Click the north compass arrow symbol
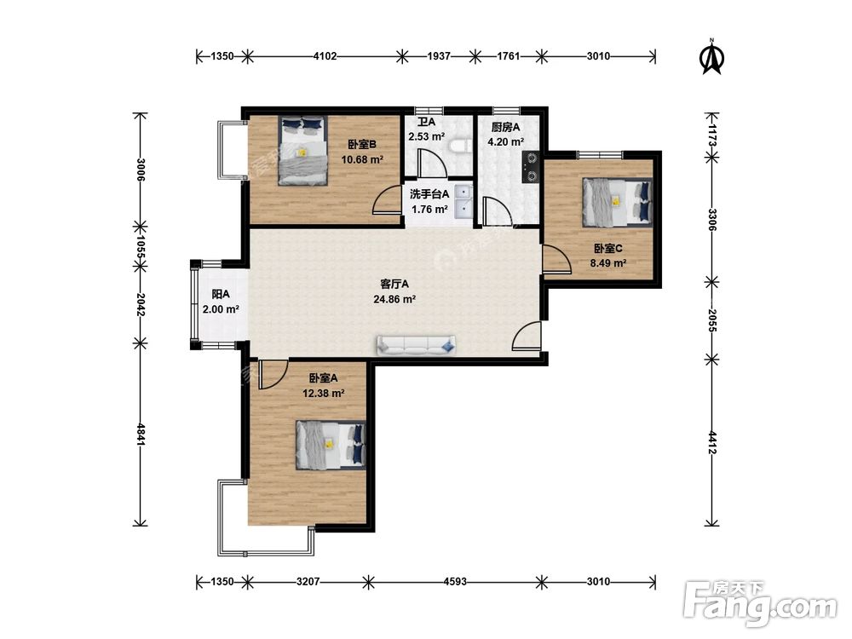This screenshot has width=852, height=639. coord(711,56)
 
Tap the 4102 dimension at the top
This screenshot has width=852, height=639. coord(325,56)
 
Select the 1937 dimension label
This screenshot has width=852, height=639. coord(439,56)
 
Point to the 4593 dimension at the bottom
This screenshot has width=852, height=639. coord(455,581)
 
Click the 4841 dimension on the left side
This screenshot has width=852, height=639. coord(141,435)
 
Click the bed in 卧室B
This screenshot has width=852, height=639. coord(303,151)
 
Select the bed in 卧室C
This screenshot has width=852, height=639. coord(617,203)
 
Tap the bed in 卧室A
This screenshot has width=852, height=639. coord(331,445)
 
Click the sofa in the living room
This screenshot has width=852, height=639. coord(417,346)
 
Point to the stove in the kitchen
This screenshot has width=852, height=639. coord(530,167)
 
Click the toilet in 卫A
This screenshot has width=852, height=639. coord(460,147)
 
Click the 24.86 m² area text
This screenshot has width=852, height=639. coord(394,299)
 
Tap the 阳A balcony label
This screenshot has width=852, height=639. coord(221,295)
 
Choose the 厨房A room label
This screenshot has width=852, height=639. coord(505,127)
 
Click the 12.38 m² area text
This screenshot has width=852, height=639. coord(323,393)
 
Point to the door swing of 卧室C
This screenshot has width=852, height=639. coord(556,259)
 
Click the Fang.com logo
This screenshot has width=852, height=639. coord(761,604)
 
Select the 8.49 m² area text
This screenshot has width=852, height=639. coord(608,263)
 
